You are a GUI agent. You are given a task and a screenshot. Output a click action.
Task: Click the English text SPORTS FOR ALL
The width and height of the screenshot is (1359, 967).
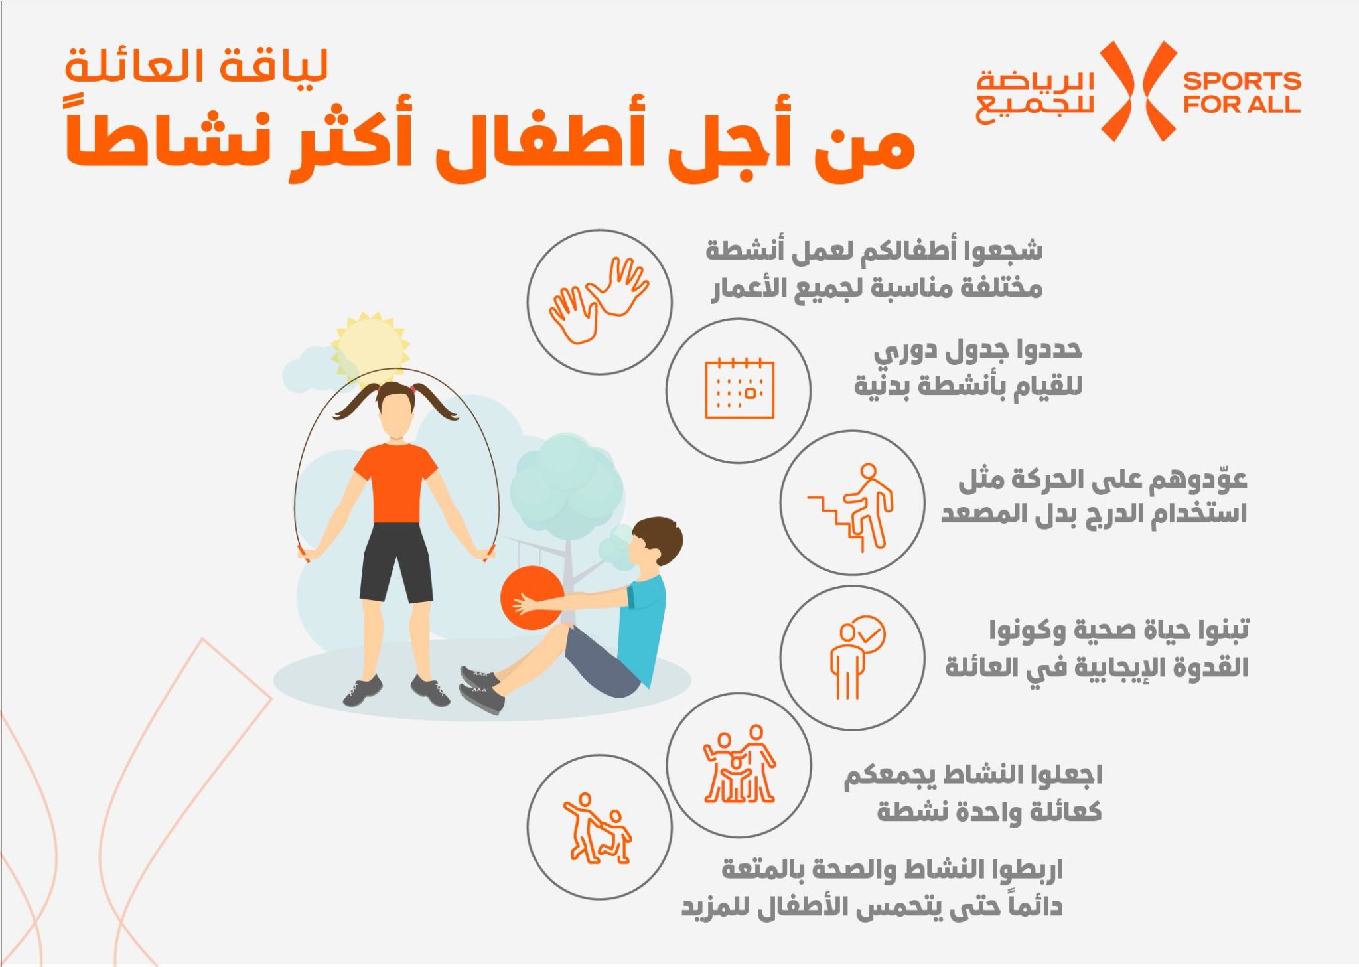(x=1242, y=92)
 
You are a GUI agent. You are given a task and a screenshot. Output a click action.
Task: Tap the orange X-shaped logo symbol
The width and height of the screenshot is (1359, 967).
(x=1139, y=92)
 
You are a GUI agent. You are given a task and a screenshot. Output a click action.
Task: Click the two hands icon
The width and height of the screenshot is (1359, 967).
(x=599, y=300)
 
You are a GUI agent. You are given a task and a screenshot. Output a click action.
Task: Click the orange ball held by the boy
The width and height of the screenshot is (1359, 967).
(x=531, y=598)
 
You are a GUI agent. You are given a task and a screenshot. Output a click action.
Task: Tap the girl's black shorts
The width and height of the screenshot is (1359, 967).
(x=396, y=562)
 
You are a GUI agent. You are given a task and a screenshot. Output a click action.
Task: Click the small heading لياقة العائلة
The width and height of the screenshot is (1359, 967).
(x=196, y=66)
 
